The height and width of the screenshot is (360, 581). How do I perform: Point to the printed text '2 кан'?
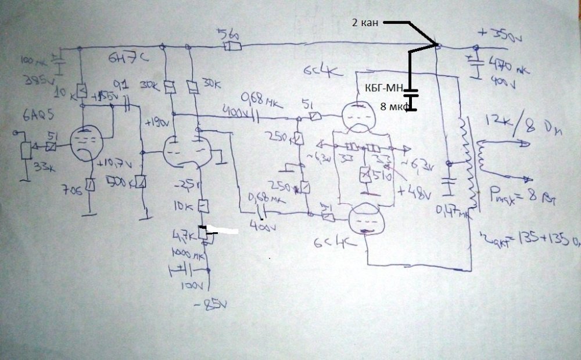point(365,23)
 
